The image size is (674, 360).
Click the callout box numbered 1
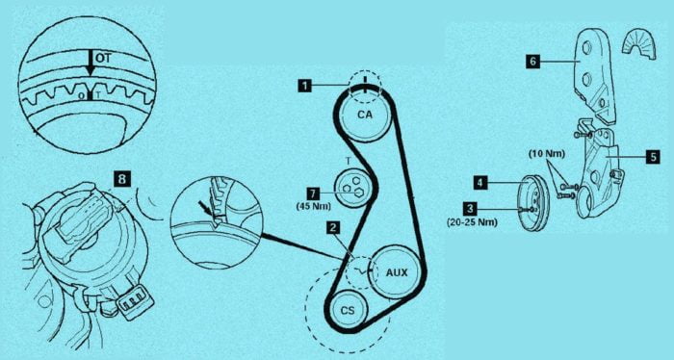click(x=305, y=86)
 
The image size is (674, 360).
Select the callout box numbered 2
click(x=332, y=228)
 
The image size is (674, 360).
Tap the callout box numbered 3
click(x=470, y=209)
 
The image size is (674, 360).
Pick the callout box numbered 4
click(x=480, y=183)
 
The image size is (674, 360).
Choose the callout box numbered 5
click(x=653, y=157)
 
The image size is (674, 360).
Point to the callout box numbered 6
click(x=532, y=62)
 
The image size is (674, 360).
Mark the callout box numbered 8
click(x=122, y=179)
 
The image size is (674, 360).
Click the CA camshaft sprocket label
click(x=365, y=115)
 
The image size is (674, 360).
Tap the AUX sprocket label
click(x=397, y=272)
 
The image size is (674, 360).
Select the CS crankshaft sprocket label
click(x=348, y=310)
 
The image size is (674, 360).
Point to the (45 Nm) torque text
click(x=313, y=206)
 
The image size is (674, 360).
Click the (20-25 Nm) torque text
click(x=473, y=222)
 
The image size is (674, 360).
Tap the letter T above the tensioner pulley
click(x=349, y=161)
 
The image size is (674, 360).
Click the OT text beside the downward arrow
click(x=103, y=59)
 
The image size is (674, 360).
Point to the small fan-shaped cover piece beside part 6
click(x=637, y=44)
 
